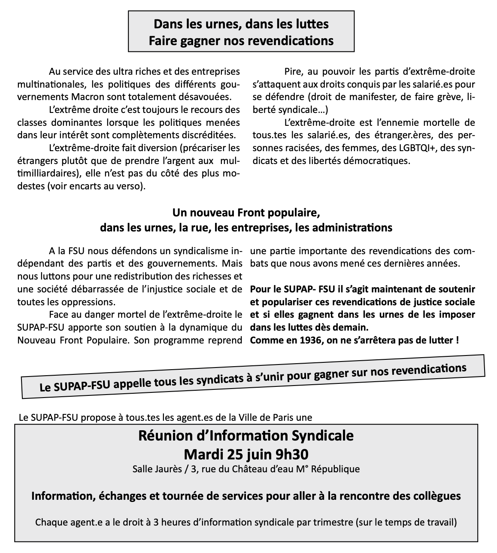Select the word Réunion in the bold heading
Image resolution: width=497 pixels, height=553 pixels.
pos(163,436)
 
